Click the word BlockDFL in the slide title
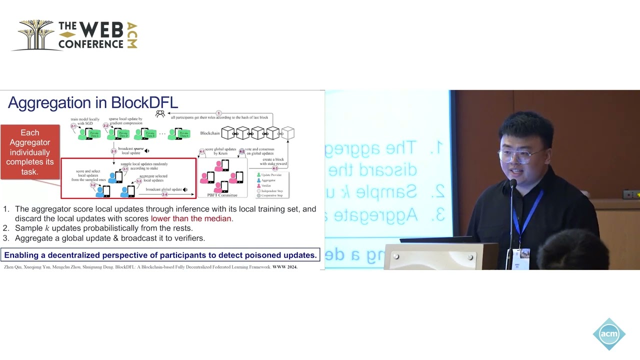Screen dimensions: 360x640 [x=144, y=102]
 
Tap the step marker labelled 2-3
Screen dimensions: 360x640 [x=113, y=151]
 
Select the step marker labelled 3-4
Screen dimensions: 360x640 [x=164, y=194]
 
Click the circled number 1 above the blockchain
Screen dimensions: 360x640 [x=218, y=113]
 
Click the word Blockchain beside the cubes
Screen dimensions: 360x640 [x=210, y=133]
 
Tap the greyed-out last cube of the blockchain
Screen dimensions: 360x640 [x=287, y=133]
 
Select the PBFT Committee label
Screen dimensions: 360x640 [x=222, y=195]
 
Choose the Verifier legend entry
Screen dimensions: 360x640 [x=265, y=185]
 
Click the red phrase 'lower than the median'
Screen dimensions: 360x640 [x=191, y=218]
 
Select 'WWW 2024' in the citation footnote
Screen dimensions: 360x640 [x=285, y=267]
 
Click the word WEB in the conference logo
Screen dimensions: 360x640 [x=101, y=30]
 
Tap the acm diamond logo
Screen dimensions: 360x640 [x=609, y=333]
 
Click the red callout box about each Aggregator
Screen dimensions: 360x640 [x=30, y=152]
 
